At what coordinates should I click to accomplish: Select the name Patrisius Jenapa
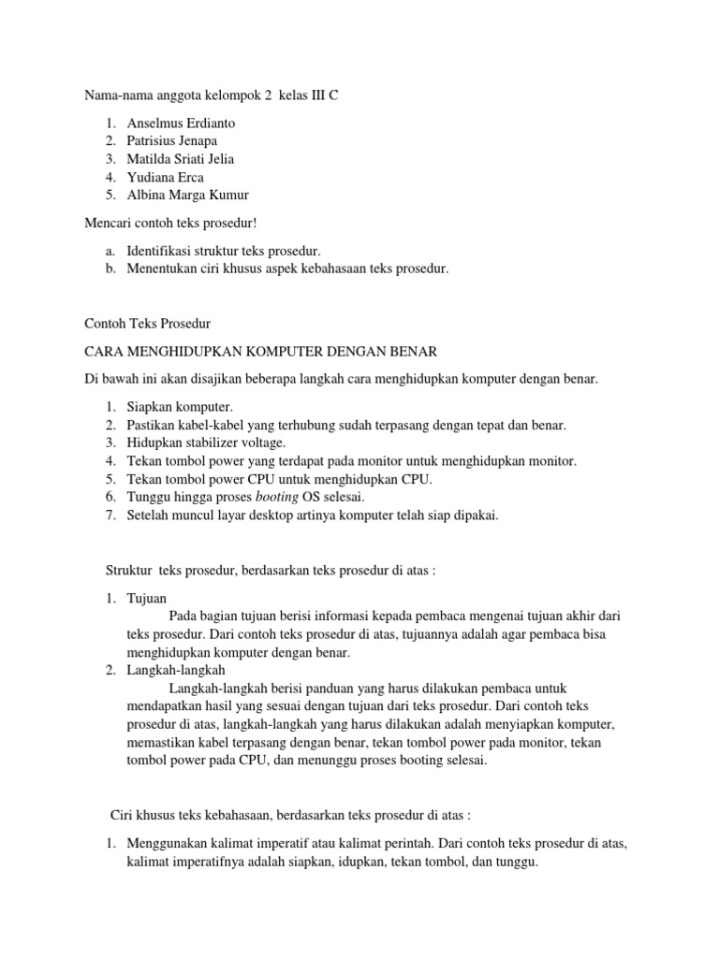tap(171, 140)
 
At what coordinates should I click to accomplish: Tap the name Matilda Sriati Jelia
tap(180, 158)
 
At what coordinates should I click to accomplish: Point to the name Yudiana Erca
tap(165, 177)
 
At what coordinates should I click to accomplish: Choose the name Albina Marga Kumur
tap(188, 195)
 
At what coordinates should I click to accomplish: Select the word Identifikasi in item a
tap(159, 251)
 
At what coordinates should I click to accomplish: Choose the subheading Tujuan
tap(146, 598)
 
